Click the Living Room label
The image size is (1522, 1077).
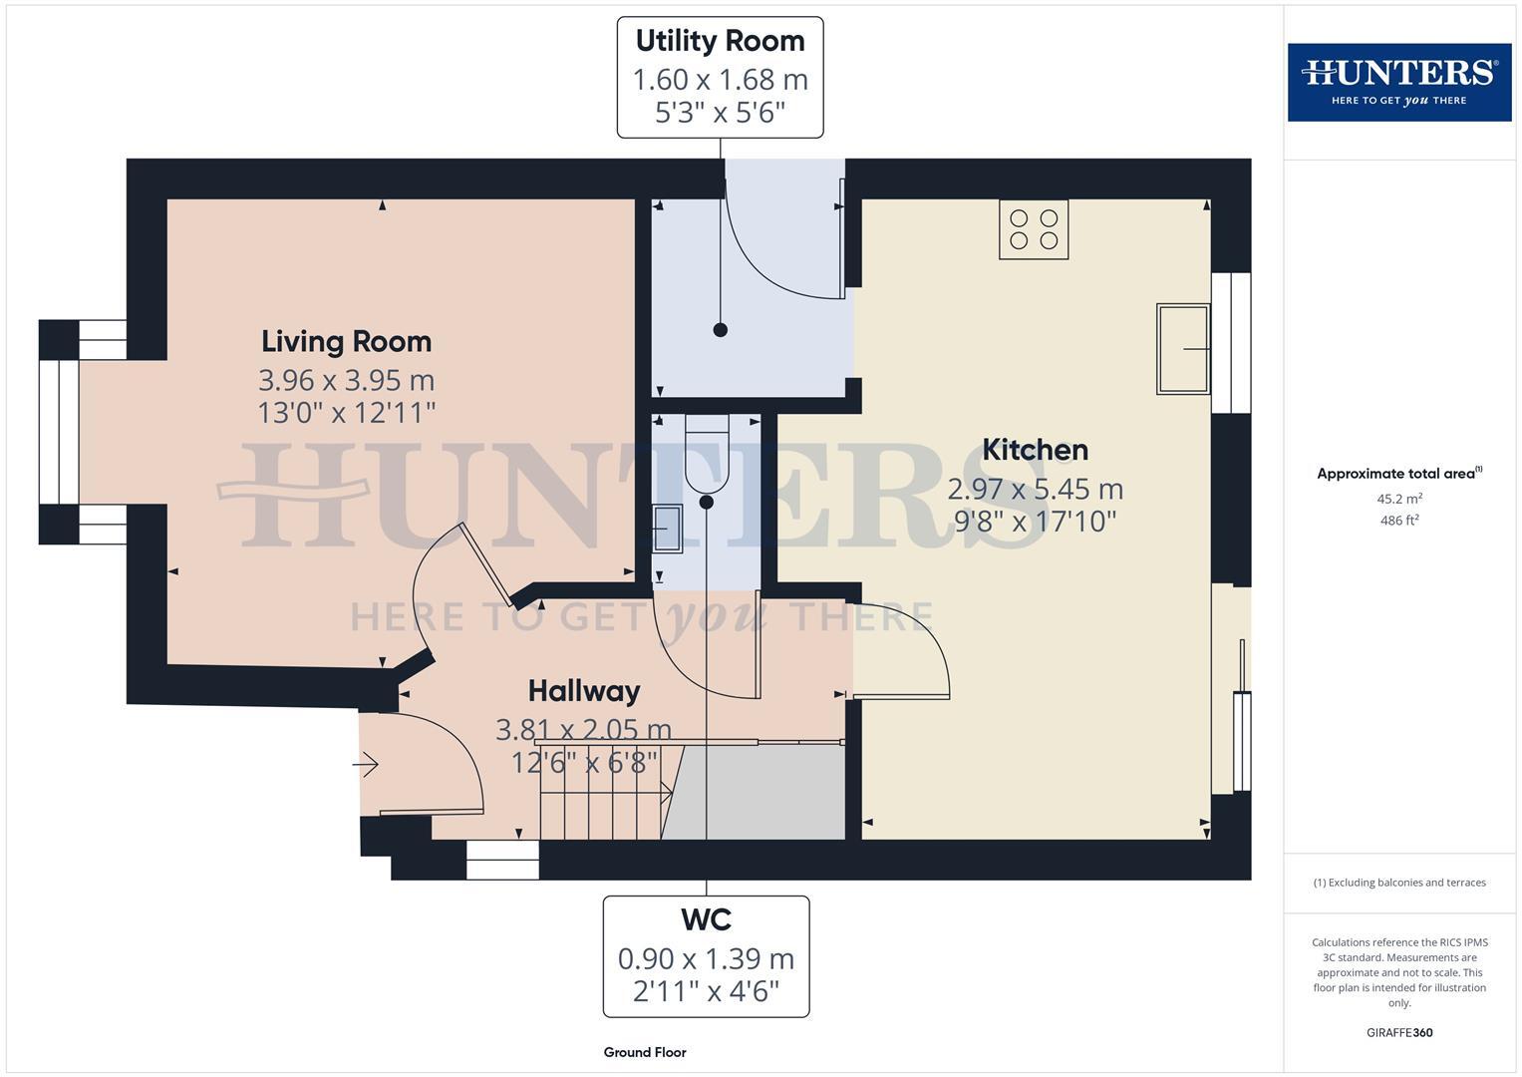click(x=346, y=342)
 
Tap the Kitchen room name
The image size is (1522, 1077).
click(x=1035, y=450)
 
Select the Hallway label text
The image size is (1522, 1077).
click(x=583, y=691)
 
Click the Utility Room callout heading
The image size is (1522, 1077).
click(x=720, y=42)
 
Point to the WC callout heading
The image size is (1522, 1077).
click(x=706, y=919)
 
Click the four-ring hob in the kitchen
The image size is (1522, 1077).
click(x=1034, y=229)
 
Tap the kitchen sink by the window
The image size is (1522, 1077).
click(x=1183, y=349)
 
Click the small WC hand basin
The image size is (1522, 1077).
click(x=666, y=528)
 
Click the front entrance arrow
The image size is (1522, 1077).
click(x=365, y=766)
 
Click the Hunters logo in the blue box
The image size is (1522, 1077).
click(x=1398, y=82)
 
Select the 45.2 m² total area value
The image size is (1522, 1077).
click(x=1398, y=499)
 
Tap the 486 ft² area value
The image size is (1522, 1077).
click(x=1398, y=521)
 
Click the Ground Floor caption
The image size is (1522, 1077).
click(x=644, y=1052)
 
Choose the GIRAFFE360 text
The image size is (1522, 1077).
click(x=1398, y=1032)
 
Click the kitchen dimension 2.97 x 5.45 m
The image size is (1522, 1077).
click(x=1035, y=490)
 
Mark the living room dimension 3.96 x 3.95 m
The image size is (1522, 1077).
click(x=346, y=381)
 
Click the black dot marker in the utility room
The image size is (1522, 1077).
click(x=720, y=330)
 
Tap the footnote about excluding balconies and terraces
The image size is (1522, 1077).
click(x=1398, y=883)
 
